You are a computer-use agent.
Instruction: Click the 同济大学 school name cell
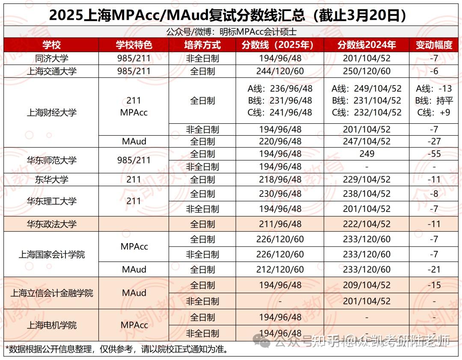click(x=51, y=58)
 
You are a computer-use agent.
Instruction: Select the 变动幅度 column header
click(x=434, y=45)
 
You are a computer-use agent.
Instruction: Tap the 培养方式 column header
click(x=202, y=45)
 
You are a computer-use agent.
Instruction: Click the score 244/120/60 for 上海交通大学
click(x=280, y=71)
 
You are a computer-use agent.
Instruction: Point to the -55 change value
click(x=434, y=154)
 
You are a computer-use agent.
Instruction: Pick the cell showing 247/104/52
click(x=367, y=141)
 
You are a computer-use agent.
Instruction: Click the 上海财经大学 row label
click(x=51, y=113)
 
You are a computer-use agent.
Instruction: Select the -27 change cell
click(x=434, y=141)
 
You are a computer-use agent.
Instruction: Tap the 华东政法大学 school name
click(x=51, y=224)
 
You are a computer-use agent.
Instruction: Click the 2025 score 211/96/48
click(x=280, y=224)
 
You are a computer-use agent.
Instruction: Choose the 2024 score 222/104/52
click(x=367, y=224)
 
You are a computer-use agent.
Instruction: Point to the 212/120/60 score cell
click(x=280, y=270)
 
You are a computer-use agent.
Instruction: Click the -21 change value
click(x=434, y=270)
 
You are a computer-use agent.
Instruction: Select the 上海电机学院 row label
click(x=51, y=325)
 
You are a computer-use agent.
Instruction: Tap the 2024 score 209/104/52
click(x=367, y=285)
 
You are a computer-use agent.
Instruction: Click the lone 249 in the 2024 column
click(x=367, y=154)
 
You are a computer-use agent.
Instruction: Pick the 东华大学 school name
click(x=51, y=180)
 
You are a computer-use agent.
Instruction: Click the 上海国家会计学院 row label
click(x=51, y=254)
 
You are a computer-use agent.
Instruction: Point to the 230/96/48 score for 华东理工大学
click(x=280, y=194)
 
